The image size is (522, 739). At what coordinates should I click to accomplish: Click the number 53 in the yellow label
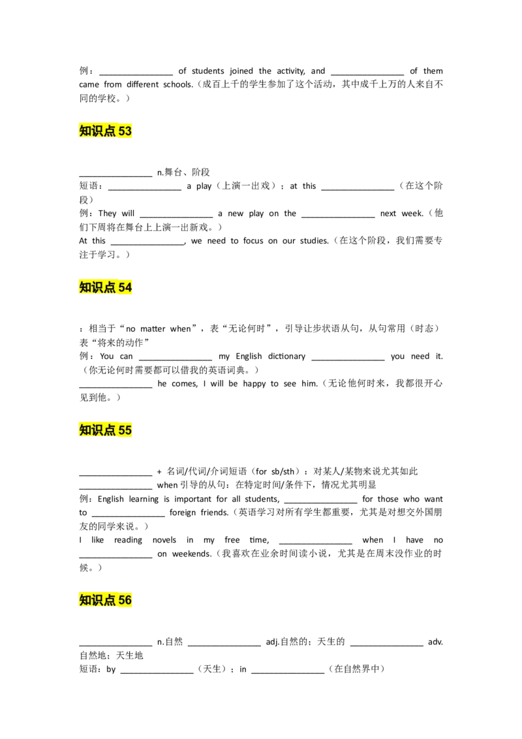(125, 131)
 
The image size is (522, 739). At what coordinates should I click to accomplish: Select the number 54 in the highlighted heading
(125, 287)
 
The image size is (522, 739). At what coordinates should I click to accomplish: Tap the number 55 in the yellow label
(125, 430)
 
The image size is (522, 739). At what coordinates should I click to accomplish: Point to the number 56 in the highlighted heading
(125, 600)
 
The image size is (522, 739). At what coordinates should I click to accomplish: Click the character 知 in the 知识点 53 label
(85, 131)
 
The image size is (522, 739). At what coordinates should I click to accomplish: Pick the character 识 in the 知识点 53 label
(97, 131)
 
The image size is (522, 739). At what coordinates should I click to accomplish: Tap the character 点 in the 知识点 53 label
(109, 131)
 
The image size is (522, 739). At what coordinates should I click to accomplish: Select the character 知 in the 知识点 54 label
(85, 287)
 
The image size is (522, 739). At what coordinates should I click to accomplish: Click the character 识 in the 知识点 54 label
(97, 287)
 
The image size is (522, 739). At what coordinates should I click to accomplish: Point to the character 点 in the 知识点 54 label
(109, 287)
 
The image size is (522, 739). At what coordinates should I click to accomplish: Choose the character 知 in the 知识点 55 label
(85, 430)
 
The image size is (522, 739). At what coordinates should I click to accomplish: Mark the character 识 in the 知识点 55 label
(97, 430)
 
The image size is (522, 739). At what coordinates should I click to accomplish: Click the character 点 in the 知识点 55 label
(109, 430)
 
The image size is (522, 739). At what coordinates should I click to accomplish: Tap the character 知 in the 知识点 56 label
(85, 600)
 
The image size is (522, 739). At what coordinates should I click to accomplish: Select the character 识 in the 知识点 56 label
(97, 600)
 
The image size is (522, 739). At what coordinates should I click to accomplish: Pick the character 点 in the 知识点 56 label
(109, 600)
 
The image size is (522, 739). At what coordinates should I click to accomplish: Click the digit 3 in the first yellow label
(129, 131)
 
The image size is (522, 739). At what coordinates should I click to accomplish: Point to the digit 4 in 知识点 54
(129, 287)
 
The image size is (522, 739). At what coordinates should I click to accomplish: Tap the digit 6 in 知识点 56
(129, 600)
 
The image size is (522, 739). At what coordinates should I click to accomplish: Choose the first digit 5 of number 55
(121, 430)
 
